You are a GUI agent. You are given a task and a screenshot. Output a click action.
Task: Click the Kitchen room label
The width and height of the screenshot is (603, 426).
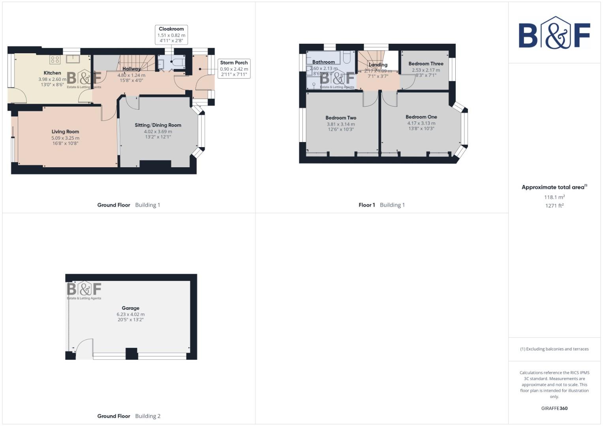coord(52,73)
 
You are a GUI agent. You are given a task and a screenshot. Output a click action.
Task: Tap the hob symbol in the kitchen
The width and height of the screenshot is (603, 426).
coord(55,60)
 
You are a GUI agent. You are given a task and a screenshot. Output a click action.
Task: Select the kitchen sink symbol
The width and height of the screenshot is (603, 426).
coord(73,59)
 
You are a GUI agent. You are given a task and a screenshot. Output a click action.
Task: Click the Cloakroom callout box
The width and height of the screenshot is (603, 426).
coord(171,35)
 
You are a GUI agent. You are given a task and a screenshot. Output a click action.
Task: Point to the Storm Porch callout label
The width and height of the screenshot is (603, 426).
coord(234,63)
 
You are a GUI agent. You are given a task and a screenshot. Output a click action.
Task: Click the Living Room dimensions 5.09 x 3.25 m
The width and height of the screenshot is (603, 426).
coord(65,138)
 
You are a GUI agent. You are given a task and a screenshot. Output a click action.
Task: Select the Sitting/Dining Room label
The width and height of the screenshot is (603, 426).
coord(158,125)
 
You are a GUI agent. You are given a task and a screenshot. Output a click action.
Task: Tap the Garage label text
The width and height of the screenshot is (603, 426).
coord(130,308)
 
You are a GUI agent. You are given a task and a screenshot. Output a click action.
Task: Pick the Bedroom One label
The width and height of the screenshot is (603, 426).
coord(421,117)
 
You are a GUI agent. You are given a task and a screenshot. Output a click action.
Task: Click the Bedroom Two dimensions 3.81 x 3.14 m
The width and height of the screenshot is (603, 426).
coord(340,124)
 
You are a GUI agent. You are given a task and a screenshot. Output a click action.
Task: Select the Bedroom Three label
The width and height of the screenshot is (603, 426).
coord(426,64)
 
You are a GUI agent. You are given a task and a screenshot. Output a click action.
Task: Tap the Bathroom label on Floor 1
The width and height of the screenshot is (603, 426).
coord(323,62)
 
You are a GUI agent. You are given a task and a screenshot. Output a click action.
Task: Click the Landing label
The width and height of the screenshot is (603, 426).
coord(378,65)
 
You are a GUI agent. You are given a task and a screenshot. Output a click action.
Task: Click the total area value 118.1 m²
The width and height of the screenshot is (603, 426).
coord(554,197)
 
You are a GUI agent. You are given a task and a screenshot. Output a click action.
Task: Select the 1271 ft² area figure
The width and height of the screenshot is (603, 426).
coord(554,206)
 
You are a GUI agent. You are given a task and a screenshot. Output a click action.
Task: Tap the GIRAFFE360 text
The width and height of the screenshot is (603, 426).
coord(554,408)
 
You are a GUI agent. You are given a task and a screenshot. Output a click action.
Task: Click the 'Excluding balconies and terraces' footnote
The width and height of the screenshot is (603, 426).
coord(554,349)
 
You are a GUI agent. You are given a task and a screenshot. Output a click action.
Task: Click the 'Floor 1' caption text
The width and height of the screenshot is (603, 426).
coord(366,205)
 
